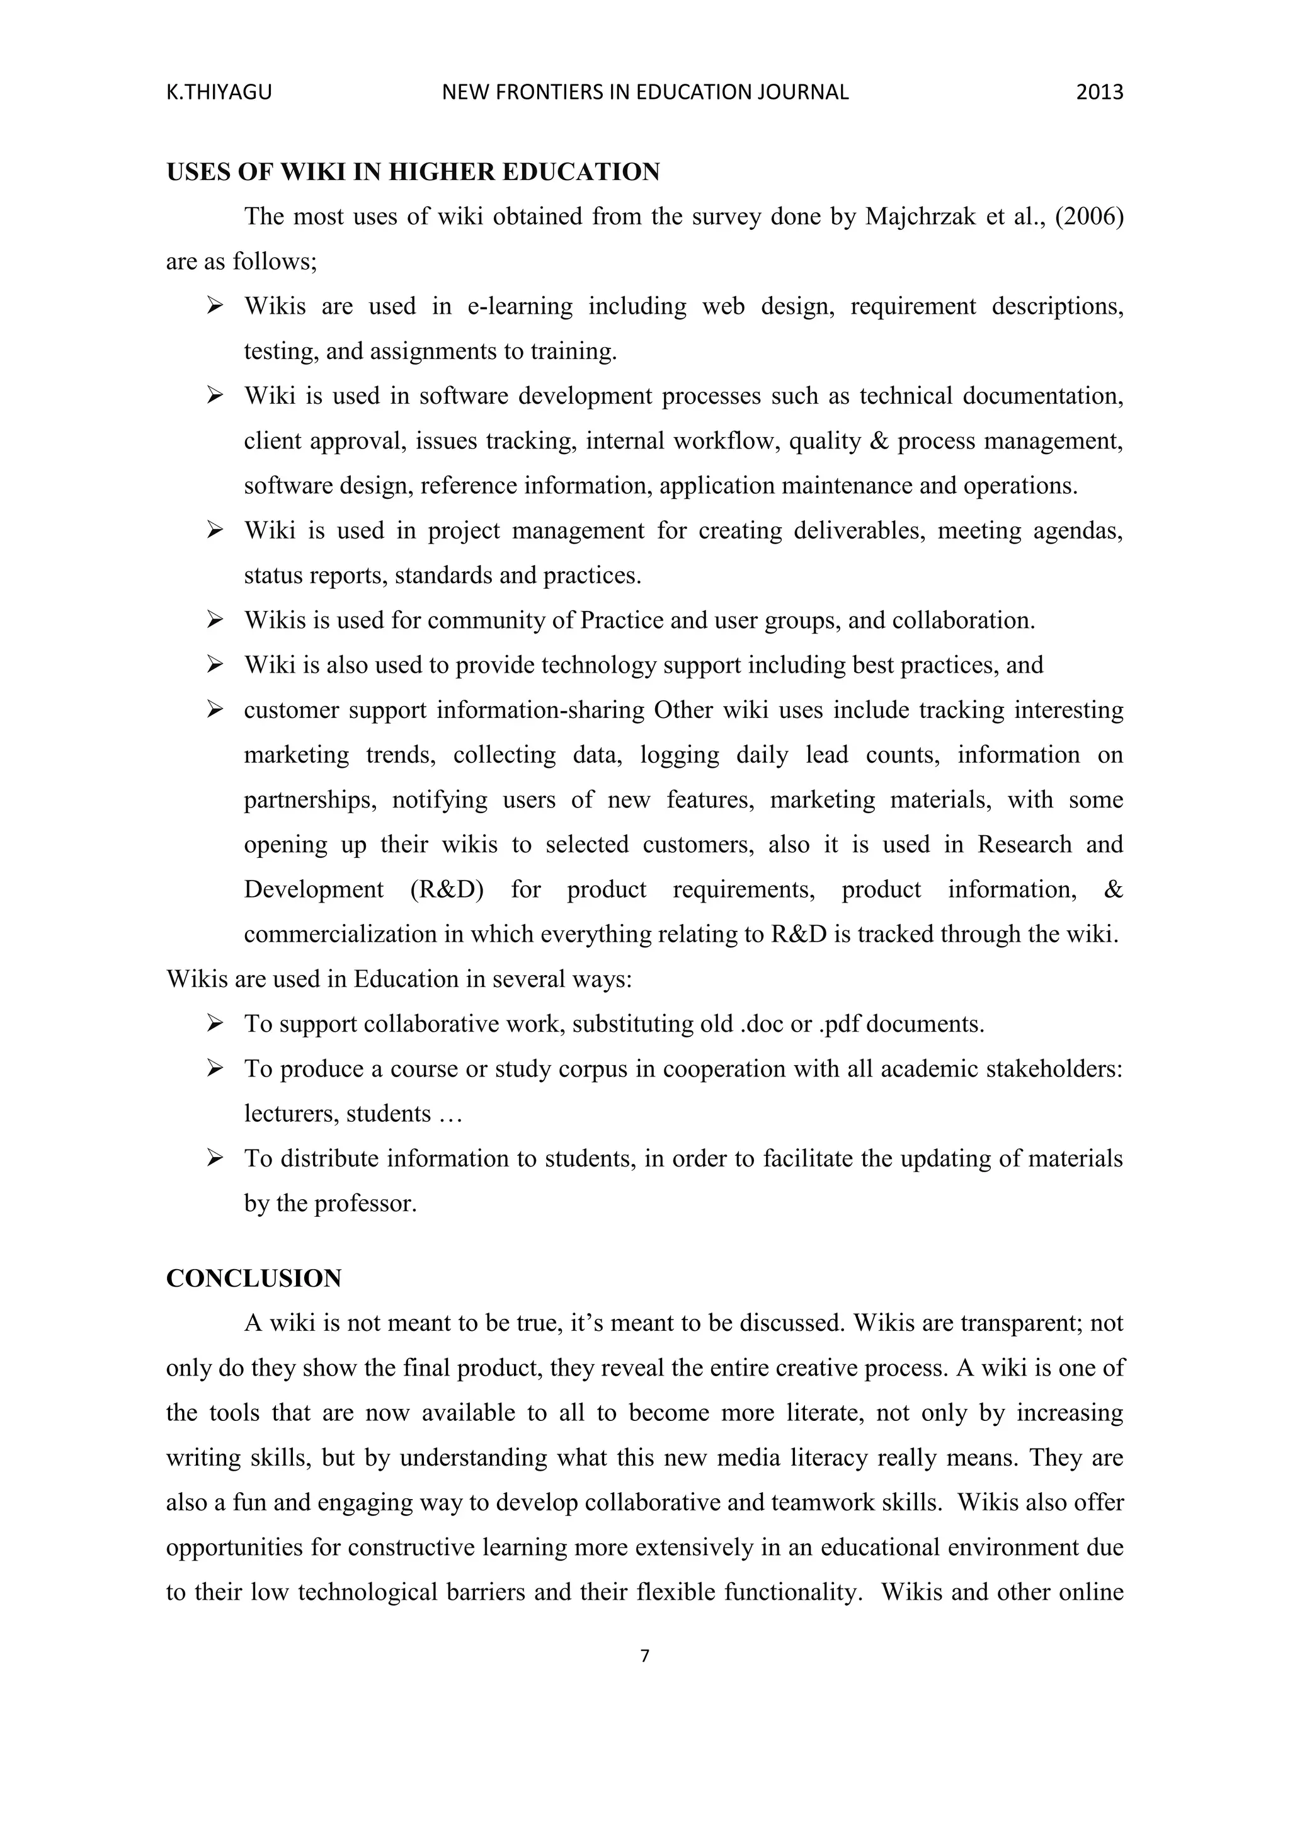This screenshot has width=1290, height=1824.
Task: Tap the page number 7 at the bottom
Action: [644, 1656]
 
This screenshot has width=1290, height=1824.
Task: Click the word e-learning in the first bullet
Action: [520, 306]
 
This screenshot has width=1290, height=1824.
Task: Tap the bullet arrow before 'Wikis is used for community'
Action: [214, 620]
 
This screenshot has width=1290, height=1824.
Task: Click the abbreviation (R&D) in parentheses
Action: [447, 889]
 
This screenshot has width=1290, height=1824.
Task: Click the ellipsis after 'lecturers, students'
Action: [450, 1114]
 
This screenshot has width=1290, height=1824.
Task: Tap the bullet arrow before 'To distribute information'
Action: [214, 1158]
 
